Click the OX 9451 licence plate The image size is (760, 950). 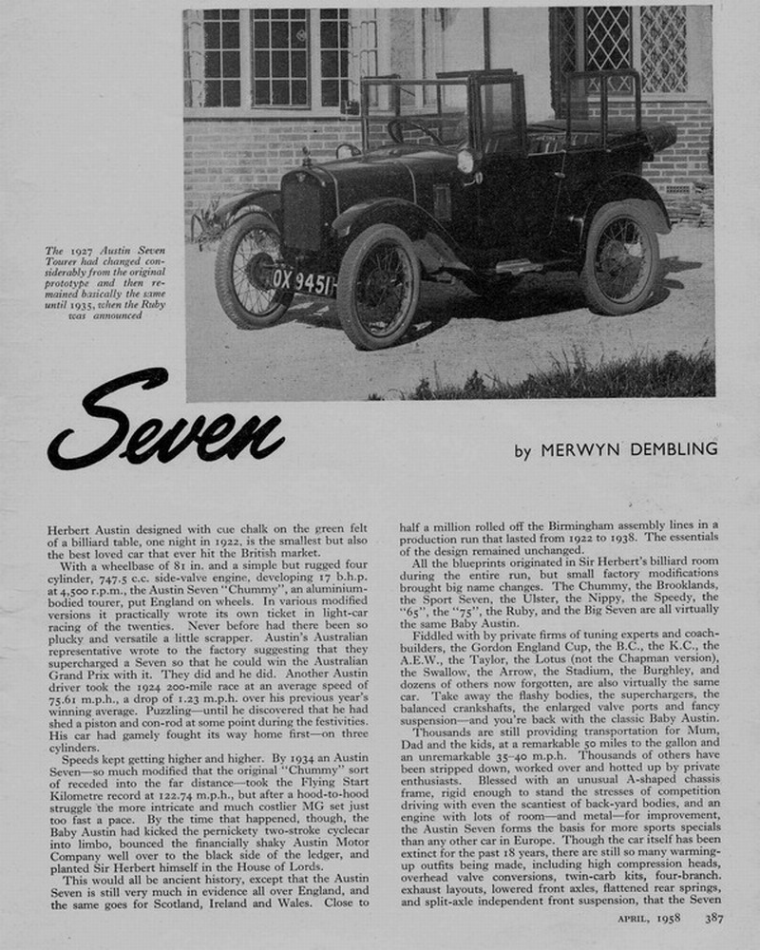(x=303, y=280)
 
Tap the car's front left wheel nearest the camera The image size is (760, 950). (x=378, y=286)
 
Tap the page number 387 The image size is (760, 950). (x=715, y=918)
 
